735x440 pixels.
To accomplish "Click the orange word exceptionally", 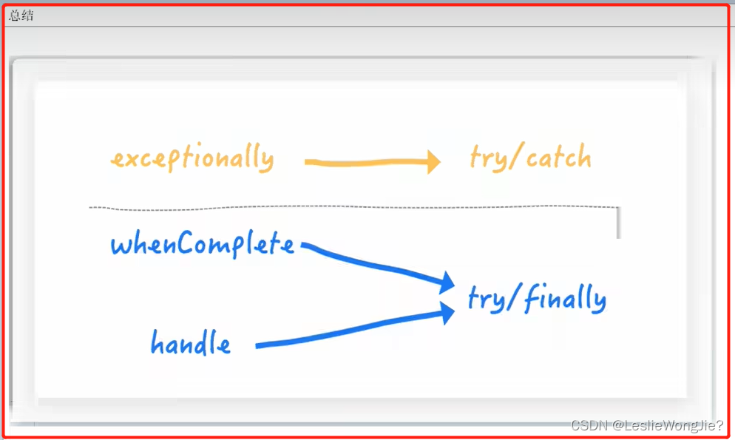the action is coord(192,159).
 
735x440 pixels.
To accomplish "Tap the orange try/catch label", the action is coord(530,158).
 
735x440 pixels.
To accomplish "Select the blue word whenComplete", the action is coord(202,244).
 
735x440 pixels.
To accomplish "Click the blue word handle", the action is coord(190,342).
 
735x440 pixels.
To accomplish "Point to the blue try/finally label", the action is coord(537,299).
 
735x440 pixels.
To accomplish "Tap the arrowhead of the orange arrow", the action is coord(432,162).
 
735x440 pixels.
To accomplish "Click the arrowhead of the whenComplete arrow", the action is coord(445,282).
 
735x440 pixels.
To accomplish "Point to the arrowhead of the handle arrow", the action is coord(446,313).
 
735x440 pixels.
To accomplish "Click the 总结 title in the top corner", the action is coord(21,16).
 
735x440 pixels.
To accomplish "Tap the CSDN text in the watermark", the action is coord(589,425).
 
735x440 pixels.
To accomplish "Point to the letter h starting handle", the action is coord(158,342).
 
